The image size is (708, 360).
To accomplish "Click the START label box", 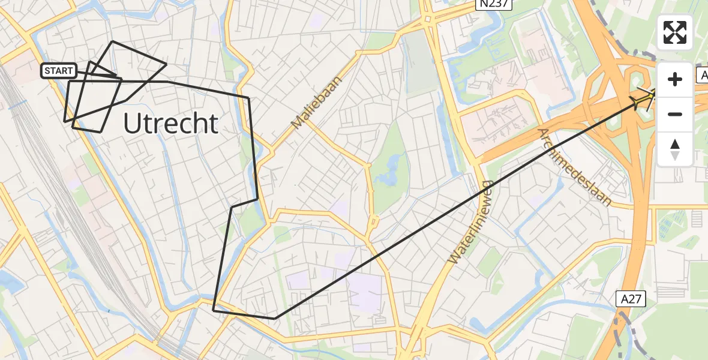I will pyautogui.click(x=59, y=71).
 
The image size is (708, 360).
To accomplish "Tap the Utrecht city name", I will pyautogui.click(x=170, y=124).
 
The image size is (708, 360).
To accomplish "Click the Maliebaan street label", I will pyautogui.click(x=316, y=103).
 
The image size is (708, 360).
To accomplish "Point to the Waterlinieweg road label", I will pyautogui.click(x=470, y=223).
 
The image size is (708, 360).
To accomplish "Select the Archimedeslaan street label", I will pyautogui.click(x=574, y=167).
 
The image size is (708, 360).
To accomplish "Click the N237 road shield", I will pyautogui.click(x=493, y=4).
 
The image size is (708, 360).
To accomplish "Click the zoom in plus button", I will pyautogui.click(x=675, y=79).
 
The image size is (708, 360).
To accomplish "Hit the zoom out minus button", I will pyautogui.click(x=675, y=114).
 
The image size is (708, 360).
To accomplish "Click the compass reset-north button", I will pyautogui.click(x=675, y=148).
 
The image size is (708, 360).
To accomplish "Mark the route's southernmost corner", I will pyautogui.click(x=275, y=318).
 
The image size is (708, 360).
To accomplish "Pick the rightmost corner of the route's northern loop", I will pyautogui.click(x=166, y=64).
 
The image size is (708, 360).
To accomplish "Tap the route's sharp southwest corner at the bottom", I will pyautogui.click(x=214, y=310).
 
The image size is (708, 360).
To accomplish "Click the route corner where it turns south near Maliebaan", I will pyautogui.click(x=248, y=97).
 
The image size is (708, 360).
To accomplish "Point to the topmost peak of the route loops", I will pyautogui.click(x=112, y=41).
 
